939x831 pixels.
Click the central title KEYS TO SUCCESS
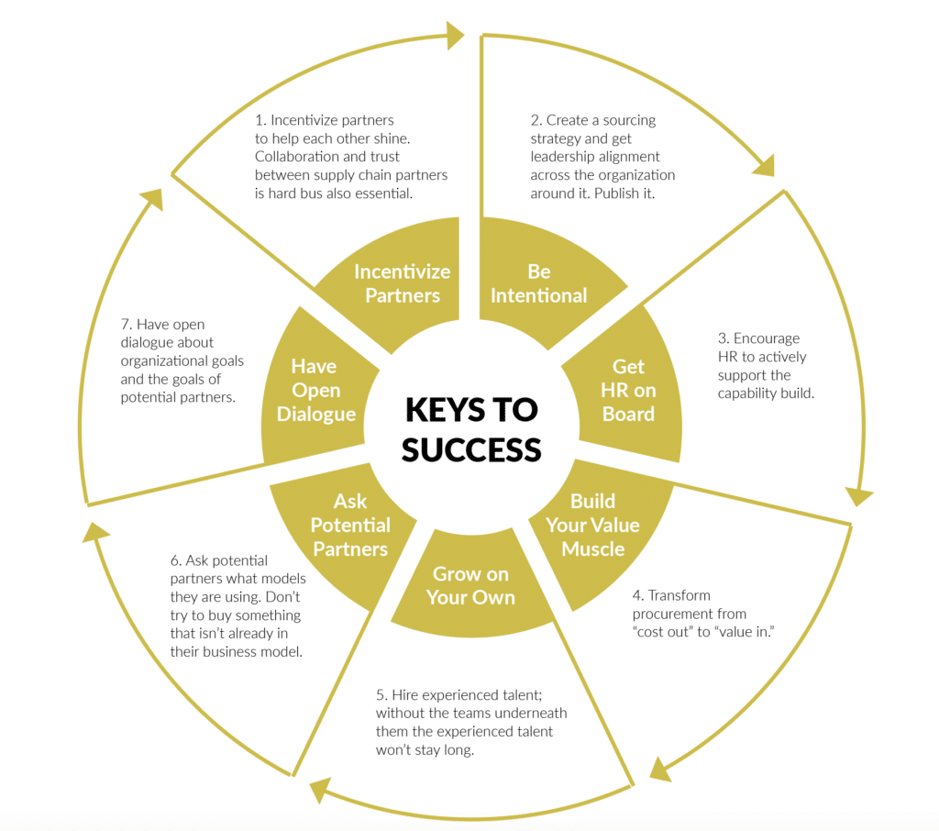470,428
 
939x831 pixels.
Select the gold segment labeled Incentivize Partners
402,283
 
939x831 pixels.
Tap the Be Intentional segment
538,283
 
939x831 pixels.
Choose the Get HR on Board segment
629,390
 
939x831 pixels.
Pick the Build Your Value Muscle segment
592,526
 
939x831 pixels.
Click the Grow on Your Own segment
470,585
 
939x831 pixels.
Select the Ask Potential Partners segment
350,526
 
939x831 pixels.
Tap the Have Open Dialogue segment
314,390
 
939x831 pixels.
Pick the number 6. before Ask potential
176,560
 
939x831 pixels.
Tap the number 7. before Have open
127,325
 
